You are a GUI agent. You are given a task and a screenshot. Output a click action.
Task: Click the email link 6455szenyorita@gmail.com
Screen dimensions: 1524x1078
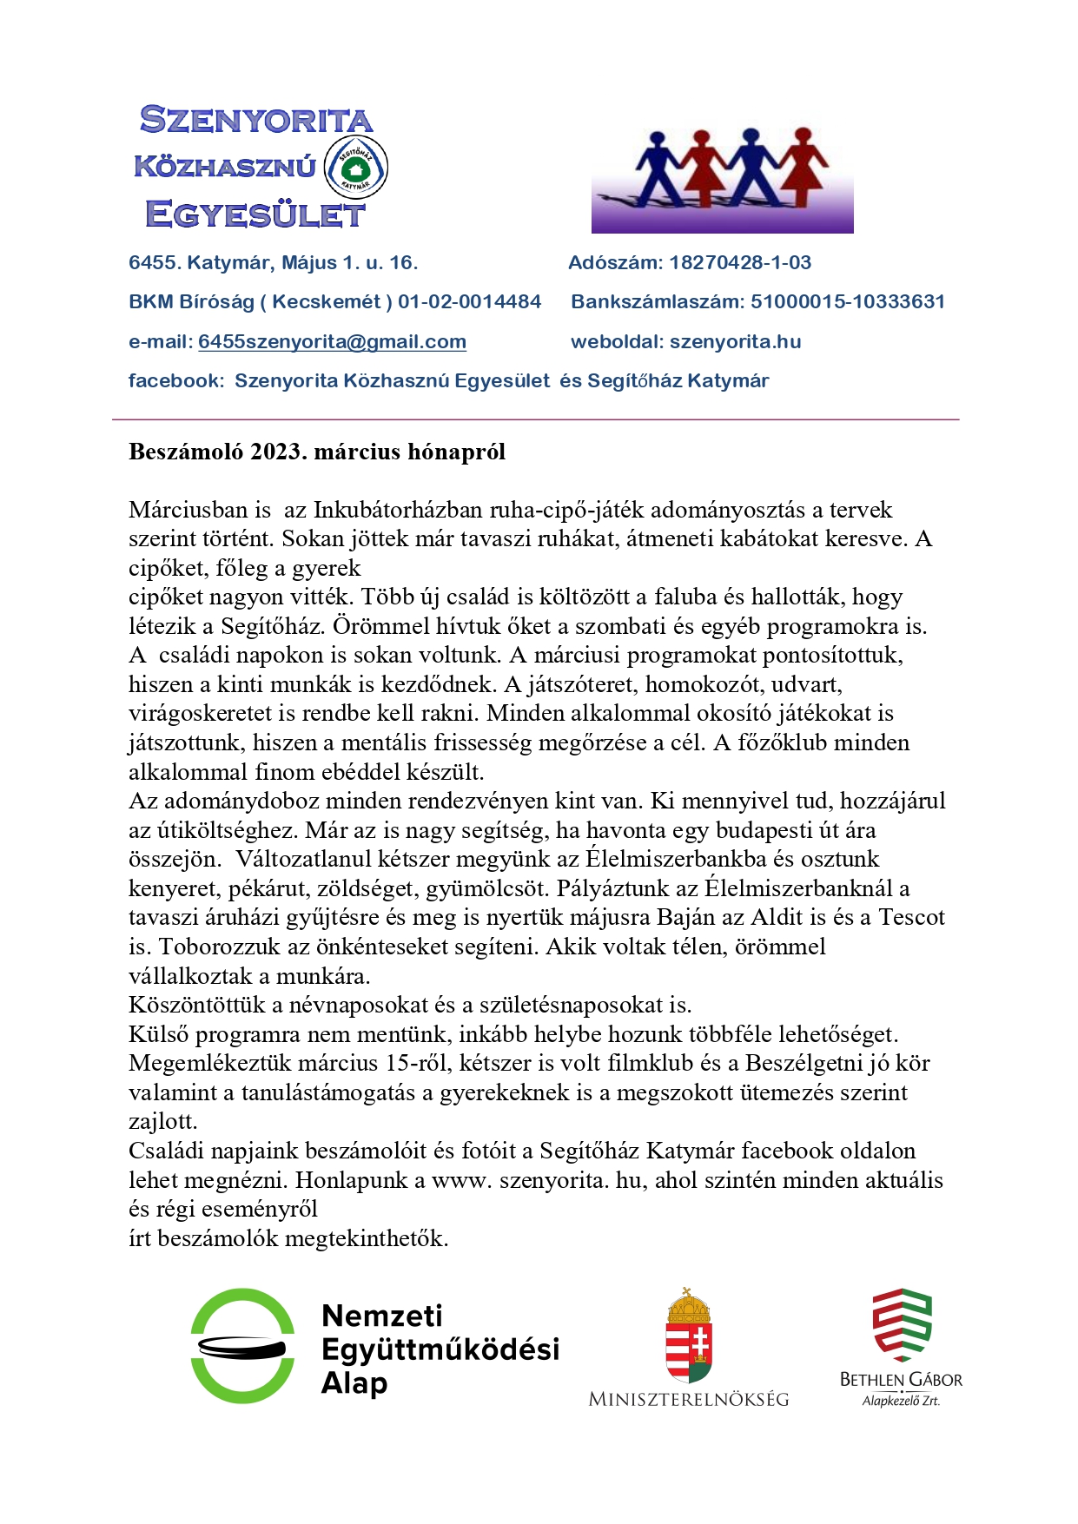[x=332, y=342]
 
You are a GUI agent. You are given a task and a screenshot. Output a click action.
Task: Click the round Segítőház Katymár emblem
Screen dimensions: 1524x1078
[x=355, y=167]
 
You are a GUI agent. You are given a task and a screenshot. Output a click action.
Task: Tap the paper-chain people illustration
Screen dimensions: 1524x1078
[x=723, y=178]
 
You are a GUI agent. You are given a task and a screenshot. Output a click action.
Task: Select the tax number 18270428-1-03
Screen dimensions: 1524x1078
[x=740, y=263]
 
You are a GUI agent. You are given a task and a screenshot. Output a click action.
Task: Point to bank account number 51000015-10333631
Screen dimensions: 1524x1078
[x=848, y=302]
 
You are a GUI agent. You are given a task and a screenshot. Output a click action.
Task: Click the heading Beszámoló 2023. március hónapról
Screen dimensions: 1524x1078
[x=317, y=452]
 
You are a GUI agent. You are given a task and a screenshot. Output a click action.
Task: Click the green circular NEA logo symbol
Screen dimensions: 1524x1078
[x=242, y=1346]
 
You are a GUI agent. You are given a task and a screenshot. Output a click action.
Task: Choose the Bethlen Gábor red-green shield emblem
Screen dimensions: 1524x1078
[x=902, y=1325]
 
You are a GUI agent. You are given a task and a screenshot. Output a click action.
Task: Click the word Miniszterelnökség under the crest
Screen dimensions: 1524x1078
[x=689, y=1399]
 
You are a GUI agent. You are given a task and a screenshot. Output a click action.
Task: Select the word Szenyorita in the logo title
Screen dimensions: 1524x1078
[x=256, y=120]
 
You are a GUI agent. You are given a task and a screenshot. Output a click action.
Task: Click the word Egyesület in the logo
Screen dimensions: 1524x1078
[x=255, y=214]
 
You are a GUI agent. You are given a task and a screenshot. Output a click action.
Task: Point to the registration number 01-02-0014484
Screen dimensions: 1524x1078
[x=470, y=302]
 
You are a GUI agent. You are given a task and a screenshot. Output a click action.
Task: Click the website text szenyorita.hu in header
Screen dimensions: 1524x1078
[x=735, y=342]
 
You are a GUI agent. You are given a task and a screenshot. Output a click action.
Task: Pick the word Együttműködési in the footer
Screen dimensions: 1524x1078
[x=440, y=1349]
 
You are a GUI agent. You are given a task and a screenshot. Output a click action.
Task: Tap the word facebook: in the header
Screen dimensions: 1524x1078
[x=176, y=381]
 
